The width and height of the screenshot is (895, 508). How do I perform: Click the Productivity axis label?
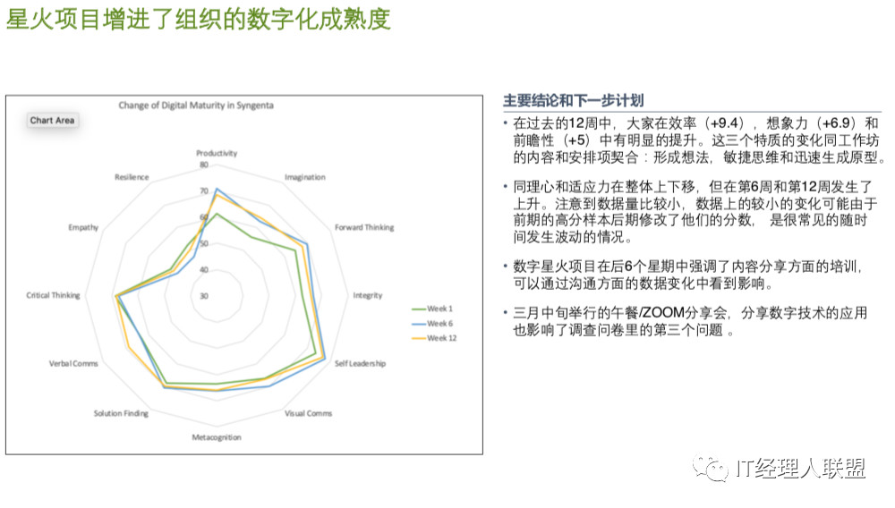(x=217, y=153)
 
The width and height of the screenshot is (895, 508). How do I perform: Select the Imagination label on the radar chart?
(x=305, y=177)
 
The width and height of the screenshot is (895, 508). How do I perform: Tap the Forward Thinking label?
(x=364, y=227)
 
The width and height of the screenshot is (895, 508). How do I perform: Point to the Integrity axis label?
(x=368, y=295)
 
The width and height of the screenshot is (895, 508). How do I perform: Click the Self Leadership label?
(x=360, y=363)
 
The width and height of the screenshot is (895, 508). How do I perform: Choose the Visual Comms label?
(x=308, y=413)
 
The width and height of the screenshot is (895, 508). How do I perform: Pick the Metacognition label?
(x=217, y=437)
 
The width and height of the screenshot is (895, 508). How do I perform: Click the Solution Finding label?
(x=121, y=413)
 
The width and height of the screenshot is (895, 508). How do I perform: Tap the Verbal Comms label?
(x=73, y=363)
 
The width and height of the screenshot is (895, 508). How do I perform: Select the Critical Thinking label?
(x=53, y=295)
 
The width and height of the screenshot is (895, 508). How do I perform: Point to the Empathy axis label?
(x=83, y=227)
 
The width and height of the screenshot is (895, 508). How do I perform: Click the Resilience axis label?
(x=132, y=177)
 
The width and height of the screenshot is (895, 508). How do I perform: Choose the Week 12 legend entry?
(x=434, y=338)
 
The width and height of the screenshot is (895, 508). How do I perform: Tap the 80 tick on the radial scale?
(x=204, y=165)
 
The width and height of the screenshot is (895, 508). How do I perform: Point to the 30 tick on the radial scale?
(x=204, y=296)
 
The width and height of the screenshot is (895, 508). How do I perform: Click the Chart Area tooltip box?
(x=52, y=121)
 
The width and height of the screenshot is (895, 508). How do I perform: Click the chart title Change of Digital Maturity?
(x=196, y=106)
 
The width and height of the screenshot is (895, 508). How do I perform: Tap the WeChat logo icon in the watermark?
(x=711, y=468)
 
